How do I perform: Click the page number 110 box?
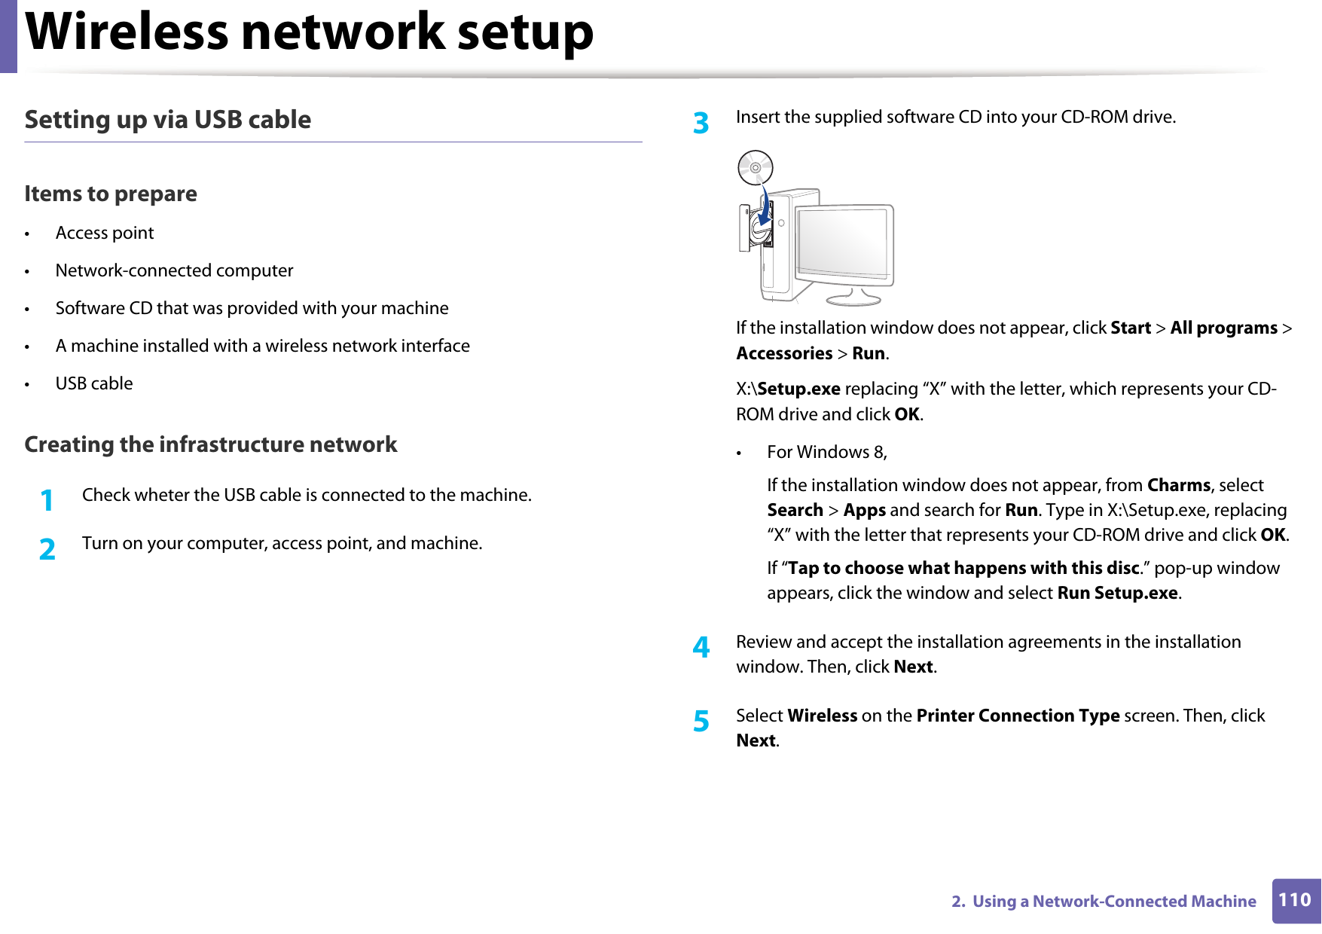point(1295,900)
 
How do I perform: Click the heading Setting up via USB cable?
point(167,120)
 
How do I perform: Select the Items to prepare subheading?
point(111,194)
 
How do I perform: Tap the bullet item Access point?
point(105,233)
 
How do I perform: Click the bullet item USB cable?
point(94,383)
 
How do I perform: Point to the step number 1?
point(47,500)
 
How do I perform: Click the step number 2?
point(47,549)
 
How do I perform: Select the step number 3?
point(701,123)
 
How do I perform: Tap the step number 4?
point(701,647)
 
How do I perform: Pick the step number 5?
point(701,721)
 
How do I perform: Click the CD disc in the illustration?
point(755,167)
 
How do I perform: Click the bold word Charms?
point(1178,485)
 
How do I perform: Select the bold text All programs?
point(1223,328)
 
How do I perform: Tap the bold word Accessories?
point(783,353)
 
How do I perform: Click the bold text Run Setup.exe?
point(1117,593)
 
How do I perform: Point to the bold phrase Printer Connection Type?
point(1017,716)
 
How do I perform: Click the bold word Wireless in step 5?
point(822,716)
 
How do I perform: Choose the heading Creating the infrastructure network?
point(210,444)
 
